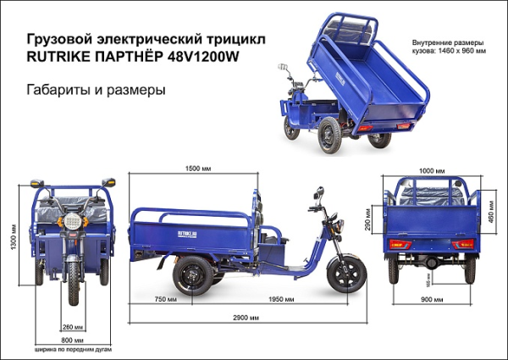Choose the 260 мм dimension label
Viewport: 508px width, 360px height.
72,326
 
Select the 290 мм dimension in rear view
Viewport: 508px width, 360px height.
367,219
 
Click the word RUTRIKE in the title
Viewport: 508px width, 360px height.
61,58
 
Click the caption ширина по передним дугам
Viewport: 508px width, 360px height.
72,348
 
